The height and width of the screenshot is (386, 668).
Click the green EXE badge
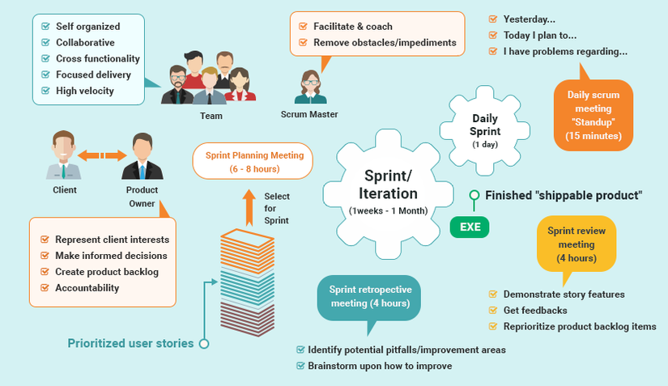470,227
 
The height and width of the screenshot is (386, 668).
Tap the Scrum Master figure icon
310,87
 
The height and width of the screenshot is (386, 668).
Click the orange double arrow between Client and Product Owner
102,154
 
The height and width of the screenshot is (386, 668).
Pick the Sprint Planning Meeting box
254,161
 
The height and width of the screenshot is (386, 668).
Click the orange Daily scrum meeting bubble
594,117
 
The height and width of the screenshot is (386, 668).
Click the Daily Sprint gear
486,130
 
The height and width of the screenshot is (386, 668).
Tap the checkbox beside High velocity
45,91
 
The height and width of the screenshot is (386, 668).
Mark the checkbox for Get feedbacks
492,311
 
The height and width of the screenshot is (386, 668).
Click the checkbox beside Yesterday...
493,19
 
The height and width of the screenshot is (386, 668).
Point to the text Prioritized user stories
130,343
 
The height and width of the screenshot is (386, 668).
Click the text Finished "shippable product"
563,195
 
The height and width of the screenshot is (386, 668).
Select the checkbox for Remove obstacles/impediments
303,43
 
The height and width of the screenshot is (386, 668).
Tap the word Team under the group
211,116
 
